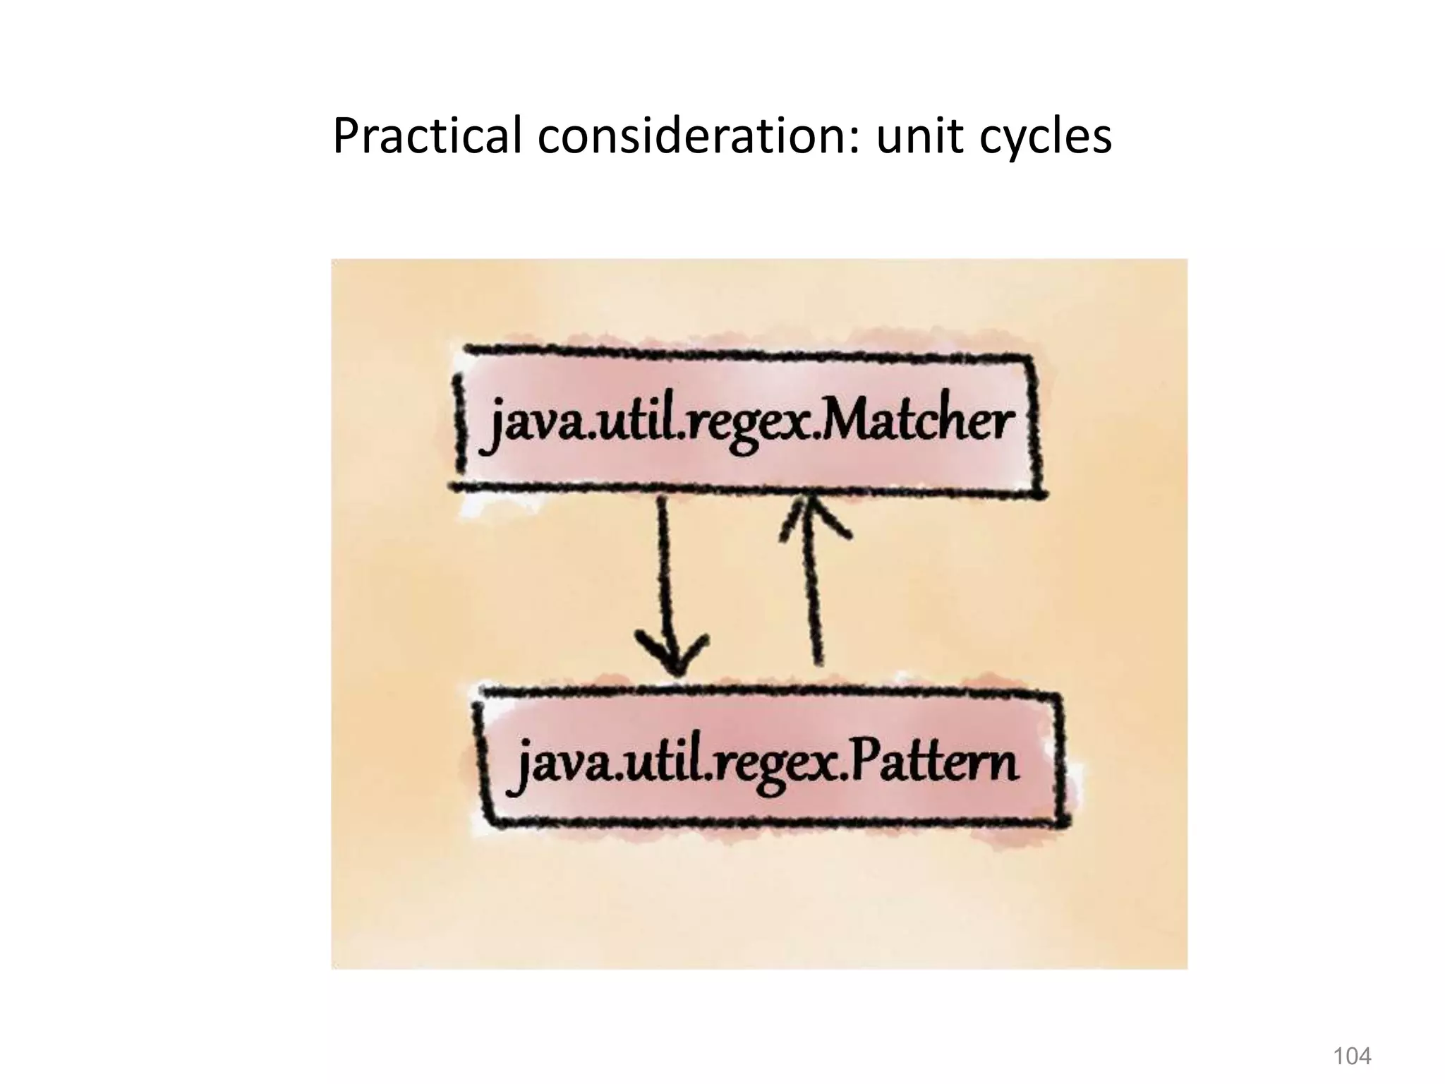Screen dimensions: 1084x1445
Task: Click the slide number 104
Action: [1351, 1056]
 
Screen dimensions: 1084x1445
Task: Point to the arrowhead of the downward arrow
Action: [674, 653]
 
